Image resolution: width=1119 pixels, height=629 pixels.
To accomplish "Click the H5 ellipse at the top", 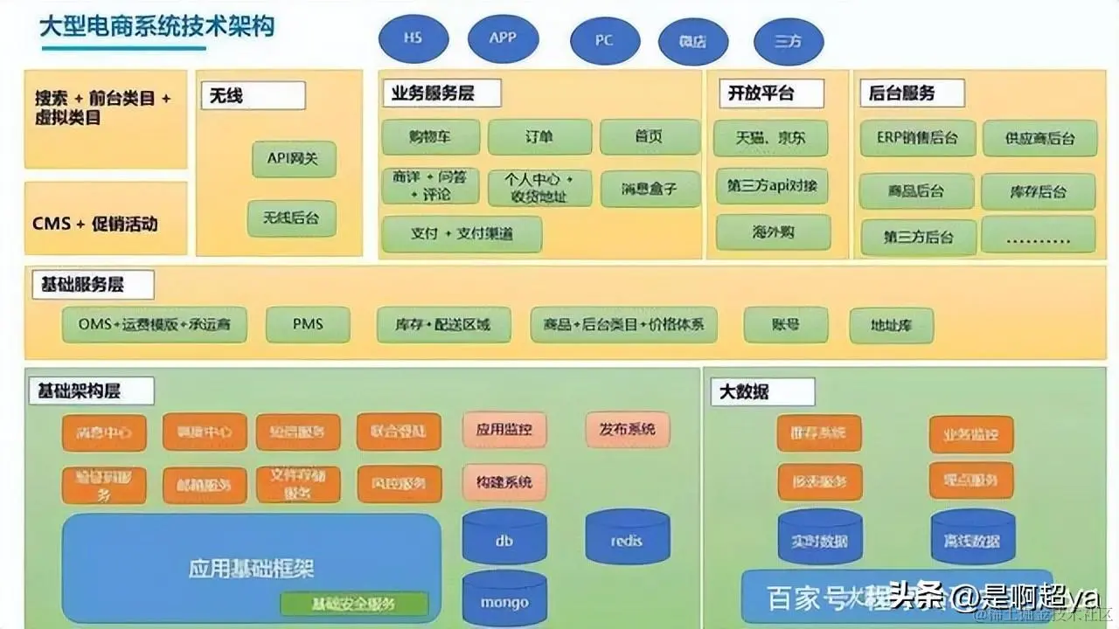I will click(x=413, y=39).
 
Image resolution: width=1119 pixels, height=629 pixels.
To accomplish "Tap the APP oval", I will click(x=503, y=39).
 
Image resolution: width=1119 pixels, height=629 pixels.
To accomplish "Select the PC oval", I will click(x=604, y=41).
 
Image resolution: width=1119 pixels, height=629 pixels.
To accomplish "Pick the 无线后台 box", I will click(x=292, y=218).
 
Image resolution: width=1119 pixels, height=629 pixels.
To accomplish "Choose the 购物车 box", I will click(x=430, y=137).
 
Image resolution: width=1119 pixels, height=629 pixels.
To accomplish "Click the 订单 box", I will click(x=539, y=137).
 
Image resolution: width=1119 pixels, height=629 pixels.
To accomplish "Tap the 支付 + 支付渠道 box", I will click(x=462, y=234).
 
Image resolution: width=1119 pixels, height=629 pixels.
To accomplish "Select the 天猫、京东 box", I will click(x=772, y=138).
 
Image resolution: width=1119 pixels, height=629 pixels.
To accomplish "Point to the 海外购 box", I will click(x=772, y=232).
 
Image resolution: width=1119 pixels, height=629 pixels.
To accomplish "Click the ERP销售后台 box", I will click(x=917, y=138).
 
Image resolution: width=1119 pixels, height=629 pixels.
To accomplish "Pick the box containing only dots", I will click(x=1038, y=235).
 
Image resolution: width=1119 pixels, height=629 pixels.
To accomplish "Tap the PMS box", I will click(x=308, y=324).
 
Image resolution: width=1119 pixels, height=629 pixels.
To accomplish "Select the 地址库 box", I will click(x=891, y=326).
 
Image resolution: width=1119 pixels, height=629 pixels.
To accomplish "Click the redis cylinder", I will click(x=627, y=540).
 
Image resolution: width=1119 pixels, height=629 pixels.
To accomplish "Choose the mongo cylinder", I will click(x=504, y=600).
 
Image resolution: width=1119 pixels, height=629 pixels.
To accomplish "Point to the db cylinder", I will click(x=504, y=540).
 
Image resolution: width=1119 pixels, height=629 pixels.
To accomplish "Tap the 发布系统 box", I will click(x=627, y=430).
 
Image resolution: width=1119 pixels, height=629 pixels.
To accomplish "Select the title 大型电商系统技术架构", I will click(x=157, y=26).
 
